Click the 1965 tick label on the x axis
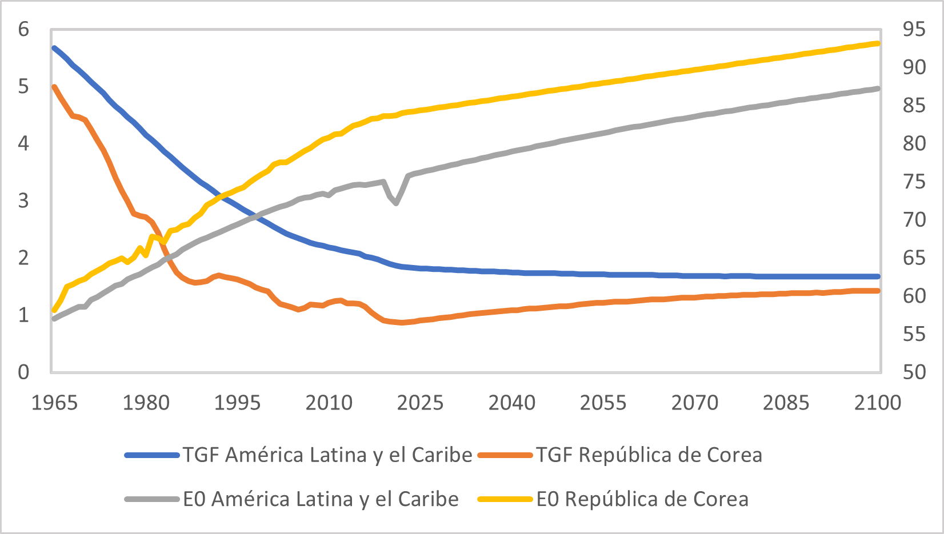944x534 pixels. click(54, 403)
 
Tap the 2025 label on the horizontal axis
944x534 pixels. click(420, 403)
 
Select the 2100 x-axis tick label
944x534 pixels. click(877, 403)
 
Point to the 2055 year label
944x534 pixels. click(603, 403)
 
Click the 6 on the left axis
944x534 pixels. click(23, 29)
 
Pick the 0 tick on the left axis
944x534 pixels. click(23, 372)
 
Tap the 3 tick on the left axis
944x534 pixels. click(23, 200)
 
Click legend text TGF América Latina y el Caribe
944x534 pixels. click(327, 455)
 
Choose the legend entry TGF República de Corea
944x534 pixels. click(649, 455)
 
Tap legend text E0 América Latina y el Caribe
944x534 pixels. click(321, 499)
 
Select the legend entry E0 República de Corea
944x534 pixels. click(642, 499)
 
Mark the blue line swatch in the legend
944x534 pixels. click(152, 455)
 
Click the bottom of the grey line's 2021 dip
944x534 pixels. click(396, 203)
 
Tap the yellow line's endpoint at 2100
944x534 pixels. click(878, 43)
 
